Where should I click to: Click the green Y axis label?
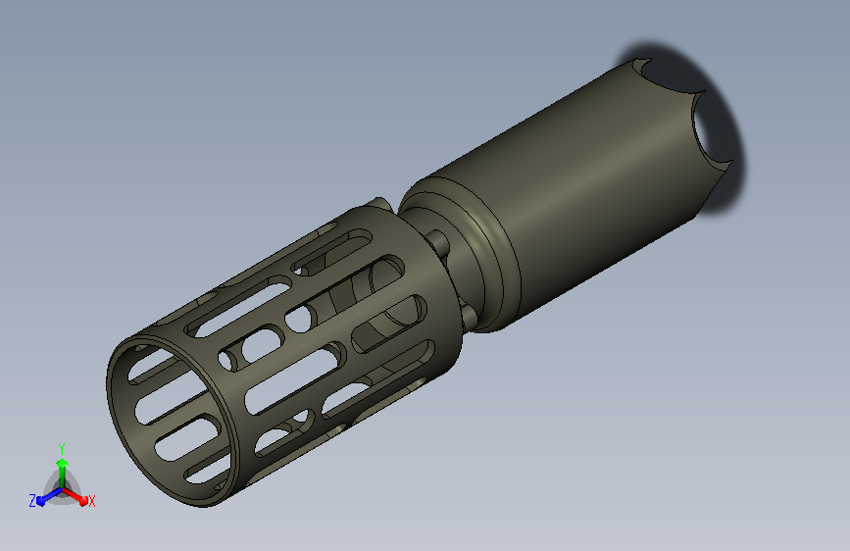pos(62,449)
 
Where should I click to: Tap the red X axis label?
pos(91,501)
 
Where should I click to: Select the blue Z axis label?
pos(32,501)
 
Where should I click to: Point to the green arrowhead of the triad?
pos(63,464)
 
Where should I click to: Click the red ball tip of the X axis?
pos(83,501)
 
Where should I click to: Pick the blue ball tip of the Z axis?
pos(41,502)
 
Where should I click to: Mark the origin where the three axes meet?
pos(63,489)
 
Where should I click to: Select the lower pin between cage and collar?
pos(468,316)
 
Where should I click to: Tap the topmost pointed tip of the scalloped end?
pos(649,59)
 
